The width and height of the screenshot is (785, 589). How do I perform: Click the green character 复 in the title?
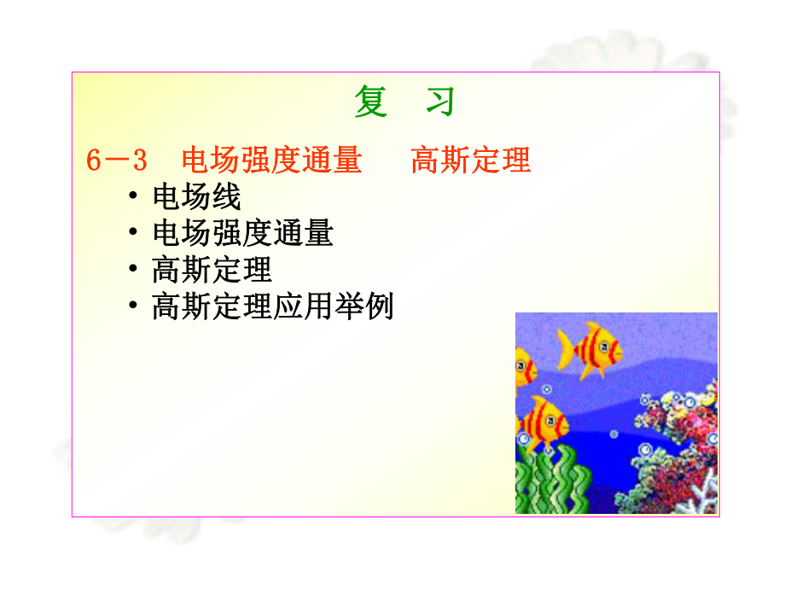(371, 102)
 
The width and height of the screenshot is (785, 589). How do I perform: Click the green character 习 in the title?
(440, 102)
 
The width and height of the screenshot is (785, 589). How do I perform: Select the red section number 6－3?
(118, 160)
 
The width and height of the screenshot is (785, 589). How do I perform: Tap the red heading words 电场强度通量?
(271, 160)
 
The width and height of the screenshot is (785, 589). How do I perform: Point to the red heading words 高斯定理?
(471, 160)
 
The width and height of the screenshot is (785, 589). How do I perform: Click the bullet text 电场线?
(197, 197)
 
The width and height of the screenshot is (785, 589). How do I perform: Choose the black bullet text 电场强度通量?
(242, 233)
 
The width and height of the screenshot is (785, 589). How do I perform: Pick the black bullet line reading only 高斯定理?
(212, 270)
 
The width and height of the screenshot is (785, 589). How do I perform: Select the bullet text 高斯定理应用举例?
(272, 306)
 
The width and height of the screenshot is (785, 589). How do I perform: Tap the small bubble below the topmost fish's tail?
(548, 390)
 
